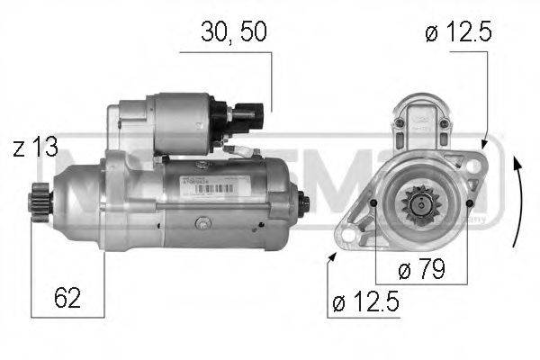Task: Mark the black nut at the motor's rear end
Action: pos(301,202)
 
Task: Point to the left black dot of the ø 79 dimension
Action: pos(374,205)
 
